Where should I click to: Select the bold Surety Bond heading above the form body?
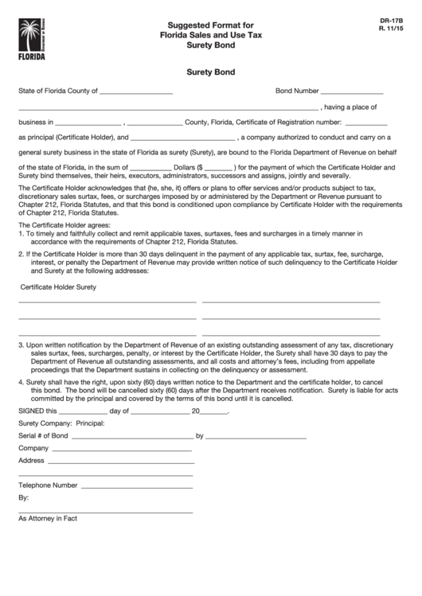[x=210, y=72]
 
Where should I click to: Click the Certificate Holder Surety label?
[x=58, y=286]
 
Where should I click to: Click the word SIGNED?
[x=32, y=411]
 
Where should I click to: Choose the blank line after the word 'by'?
[x=256, y=438]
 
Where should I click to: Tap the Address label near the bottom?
[x=31, y=461]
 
